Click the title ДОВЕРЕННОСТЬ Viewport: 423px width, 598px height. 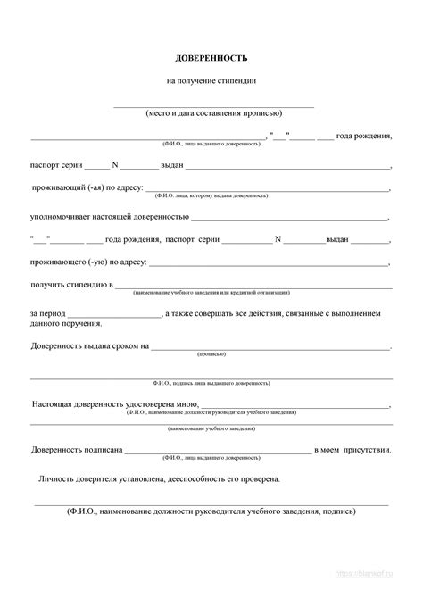click(211, 59)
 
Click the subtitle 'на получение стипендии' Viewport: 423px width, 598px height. click(211, 81)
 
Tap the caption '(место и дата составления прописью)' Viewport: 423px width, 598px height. click(212, 114)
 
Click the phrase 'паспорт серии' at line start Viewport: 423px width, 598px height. click(56, 166)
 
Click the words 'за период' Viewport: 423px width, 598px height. click(46, 314)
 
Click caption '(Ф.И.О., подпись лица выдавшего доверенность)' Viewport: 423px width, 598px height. click(211, 382)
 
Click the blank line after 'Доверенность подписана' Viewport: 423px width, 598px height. click(218, 451)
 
